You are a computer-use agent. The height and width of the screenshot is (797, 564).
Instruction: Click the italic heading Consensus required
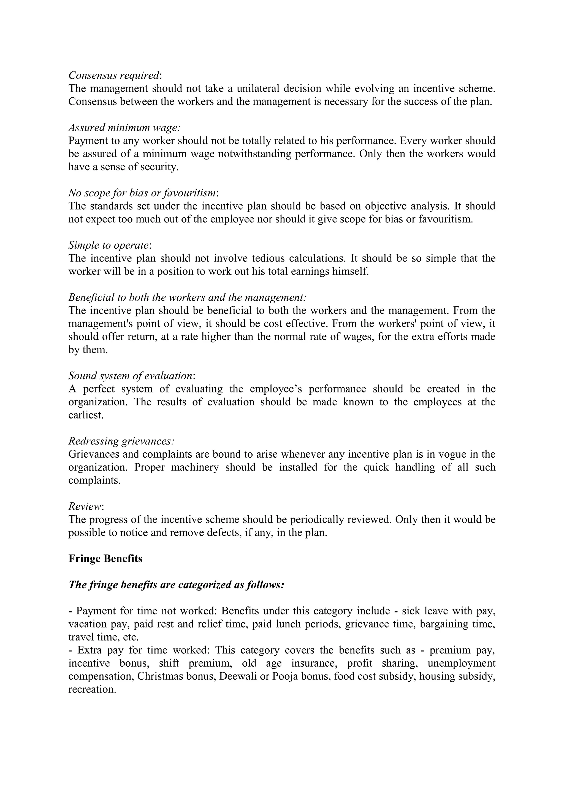[x=114, y=75]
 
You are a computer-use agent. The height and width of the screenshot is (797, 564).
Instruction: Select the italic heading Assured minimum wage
[x=124, y=128]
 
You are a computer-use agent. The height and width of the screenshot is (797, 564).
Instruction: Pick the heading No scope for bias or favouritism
[x=142, y=193]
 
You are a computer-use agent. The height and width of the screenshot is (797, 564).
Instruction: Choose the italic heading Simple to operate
[x=109, y=245]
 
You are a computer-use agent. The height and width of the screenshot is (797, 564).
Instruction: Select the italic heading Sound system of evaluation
[x=130, y=376]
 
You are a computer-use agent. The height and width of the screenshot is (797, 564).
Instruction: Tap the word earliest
[x=86, y=415]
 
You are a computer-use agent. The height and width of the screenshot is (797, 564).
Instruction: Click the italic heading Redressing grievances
[x=121, y=441]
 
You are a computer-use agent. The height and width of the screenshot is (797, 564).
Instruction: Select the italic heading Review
[x=85, y=507]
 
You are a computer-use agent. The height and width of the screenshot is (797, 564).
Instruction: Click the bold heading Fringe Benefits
[x=105, y=559]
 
